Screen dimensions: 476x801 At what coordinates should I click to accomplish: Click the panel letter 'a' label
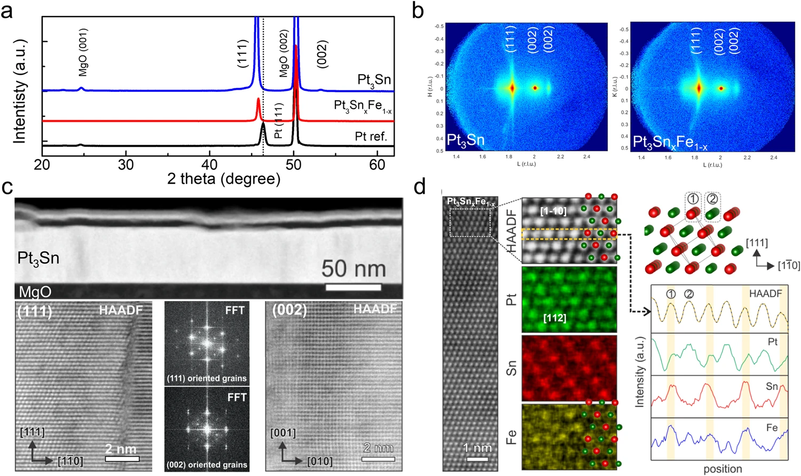pos(7,11)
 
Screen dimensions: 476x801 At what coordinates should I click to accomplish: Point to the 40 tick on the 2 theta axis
pos(210,165)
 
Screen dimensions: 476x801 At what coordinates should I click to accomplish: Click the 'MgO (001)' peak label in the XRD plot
pos(83,52)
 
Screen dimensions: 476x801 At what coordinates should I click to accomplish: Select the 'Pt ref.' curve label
pos(371,137)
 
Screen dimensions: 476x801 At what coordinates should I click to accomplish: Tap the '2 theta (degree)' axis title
pos(223,178)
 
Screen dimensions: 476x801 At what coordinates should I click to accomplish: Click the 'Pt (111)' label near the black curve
pos(278,121)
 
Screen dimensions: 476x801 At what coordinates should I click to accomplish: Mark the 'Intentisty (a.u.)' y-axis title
pos(20,91)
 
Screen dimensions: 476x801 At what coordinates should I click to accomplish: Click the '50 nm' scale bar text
pos(354,269)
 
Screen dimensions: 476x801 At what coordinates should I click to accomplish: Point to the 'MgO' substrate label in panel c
pos(35,292)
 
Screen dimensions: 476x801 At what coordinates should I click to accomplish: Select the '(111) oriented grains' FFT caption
pos(207,378)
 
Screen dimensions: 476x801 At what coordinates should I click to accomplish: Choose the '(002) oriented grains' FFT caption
pos(207,465)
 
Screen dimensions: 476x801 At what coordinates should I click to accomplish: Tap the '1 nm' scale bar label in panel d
pos(476,448)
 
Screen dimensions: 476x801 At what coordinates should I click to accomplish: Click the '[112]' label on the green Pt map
pos(554,318)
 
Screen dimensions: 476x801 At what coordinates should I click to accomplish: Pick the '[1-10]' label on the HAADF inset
pos(553,211)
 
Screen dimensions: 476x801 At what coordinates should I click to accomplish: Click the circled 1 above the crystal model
pos(693,199)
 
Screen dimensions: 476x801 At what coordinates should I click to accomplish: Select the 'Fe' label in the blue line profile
pos(772,427)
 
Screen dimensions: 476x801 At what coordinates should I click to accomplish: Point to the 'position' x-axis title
pos(723,469)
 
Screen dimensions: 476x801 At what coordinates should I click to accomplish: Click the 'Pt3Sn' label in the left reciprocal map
pos(466,141)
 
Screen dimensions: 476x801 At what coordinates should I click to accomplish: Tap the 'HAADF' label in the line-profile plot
pos(765,293)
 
